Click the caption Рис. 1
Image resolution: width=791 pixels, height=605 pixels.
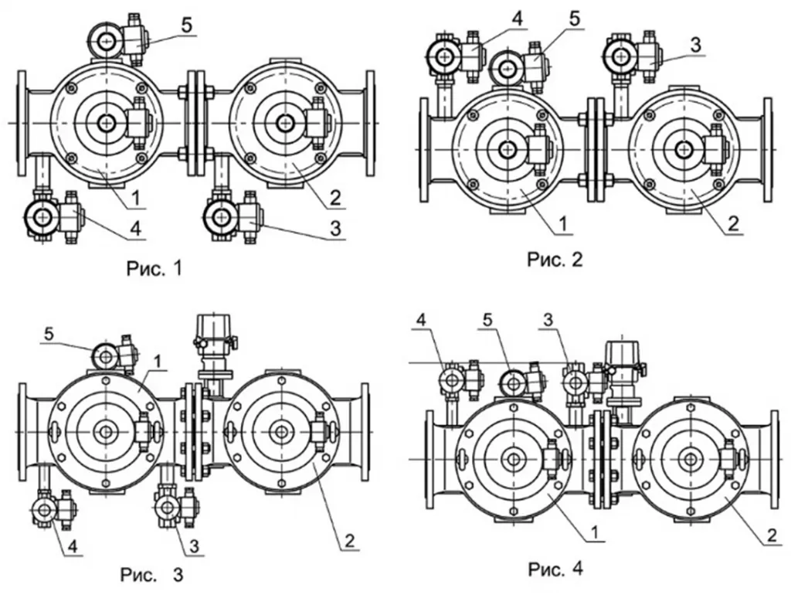click(x=154, y=268)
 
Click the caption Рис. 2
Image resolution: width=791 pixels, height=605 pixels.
click(x=555, y=260)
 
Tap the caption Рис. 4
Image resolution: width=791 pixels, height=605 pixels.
click(x=555, y=569)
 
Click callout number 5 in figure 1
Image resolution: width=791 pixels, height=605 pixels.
click(x=187, y=25)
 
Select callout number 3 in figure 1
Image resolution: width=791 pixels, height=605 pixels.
click(x=335, y=229)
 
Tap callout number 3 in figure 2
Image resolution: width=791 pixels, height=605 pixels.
click(x=695, y=45)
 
